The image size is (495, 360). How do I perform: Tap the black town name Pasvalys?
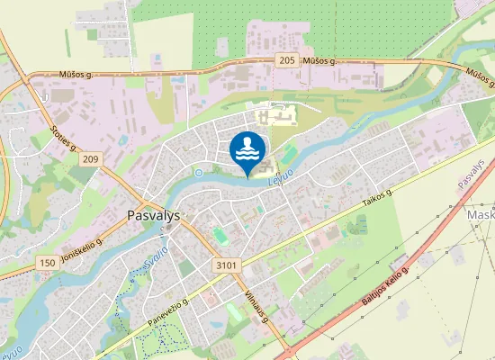point(150,216)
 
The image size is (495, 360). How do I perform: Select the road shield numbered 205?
point(287,59)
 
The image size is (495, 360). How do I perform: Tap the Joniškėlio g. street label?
point(80,247)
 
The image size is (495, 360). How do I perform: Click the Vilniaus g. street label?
point(256,309)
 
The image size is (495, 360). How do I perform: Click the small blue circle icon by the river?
point(199,172)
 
